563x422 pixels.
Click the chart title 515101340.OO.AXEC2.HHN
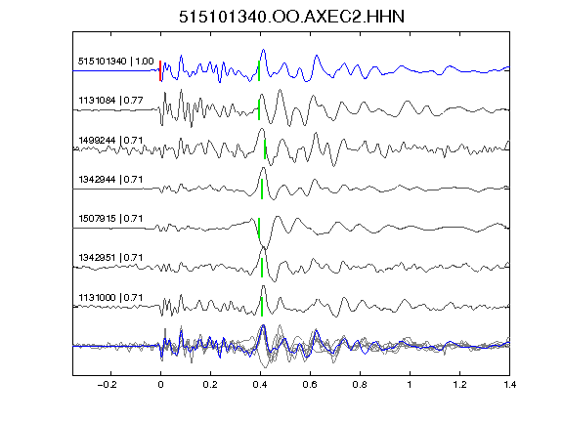point(291,17)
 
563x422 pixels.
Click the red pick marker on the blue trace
point(160,70)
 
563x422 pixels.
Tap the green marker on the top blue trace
point(259,70)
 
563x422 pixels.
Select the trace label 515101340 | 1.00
point(115,62)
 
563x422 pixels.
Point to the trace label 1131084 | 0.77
point(110,100)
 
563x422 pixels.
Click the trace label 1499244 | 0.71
point(110,140)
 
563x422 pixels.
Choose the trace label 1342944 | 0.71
point(110,179)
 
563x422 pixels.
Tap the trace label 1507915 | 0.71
point(110,218)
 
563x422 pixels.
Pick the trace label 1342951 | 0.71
point(110,258)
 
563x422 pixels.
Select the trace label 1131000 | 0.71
point(110,298)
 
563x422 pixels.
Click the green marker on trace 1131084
point(259,109)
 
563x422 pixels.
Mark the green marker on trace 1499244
point(265,149)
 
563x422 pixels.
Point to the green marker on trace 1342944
point(262,189)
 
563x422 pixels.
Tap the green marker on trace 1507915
point(259,228)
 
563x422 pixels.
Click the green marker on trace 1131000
point(262,307)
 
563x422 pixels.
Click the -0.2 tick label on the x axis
point(108,385)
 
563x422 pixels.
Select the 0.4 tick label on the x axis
point(260,385)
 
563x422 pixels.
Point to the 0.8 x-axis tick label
point(360,385)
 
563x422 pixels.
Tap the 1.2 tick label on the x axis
point(459,385)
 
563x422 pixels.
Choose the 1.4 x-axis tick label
point(509,385)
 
